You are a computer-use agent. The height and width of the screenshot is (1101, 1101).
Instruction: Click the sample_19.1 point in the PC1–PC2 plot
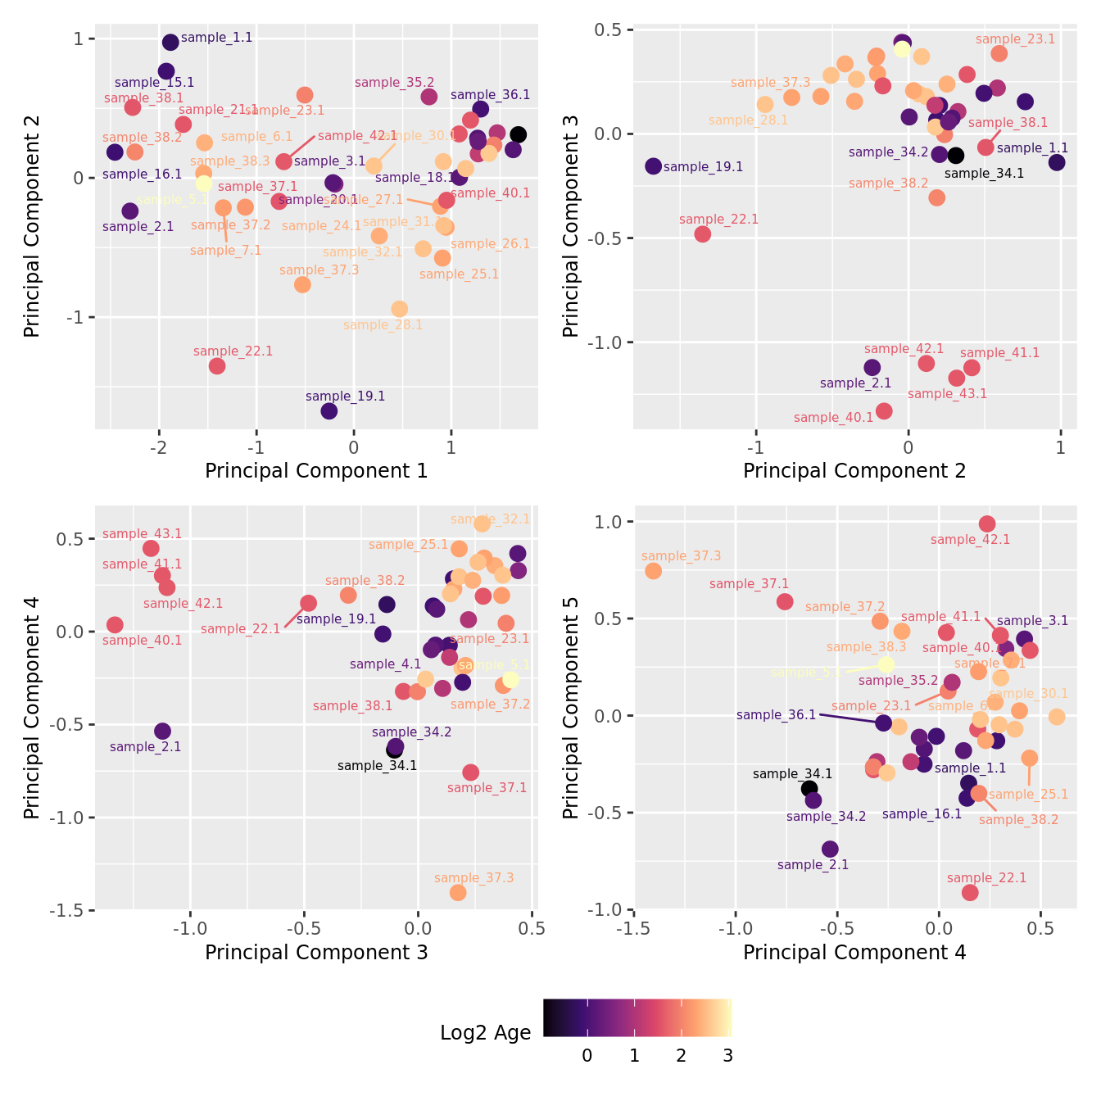click(329, 410)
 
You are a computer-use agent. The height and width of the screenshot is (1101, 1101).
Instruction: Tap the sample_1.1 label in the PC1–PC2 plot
click(216, 38)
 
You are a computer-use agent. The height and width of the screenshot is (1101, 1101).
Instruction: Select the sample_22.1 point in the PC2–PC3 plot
click(702, 234)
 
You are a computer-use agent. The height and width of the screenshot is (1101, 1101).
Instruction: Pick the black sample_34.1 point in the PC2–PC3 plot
click(955, 156)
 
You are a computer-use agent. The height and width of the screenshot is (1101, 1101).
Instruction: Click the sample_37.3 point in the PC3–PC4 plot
click(458, 892)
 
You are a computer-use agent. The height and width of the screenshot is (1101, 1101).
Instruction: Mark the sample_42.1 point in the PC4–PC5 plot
click(987, 523)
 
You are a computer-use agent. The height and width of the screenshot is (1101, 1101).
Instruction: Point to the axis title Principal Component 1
click(316, 471)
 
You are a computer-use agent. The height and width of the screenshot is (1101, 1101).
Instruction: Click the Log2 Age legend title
click(486, 1033)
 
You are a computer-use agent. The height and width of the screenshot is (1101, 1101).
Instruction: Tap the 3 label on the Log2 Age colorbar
click(727, 1056)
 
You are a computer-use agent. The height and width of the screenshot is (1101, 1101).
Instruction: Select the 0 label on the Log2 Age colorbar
click(587, 1056)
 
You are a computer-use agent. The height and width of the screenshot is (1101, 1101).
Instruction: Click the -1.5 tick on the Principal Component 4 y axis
click(70, 910)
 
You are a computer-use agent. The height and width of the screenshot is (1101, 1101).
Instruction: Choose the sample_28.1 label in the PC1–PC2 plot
click(383, 325)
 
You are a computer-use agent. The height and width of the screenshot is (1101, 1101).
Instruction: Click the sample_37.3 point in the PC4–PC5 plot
click(653, 571)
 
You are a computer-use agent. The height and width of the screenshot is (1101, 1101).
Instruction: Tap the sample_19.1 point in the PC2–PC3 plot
click(653, 166)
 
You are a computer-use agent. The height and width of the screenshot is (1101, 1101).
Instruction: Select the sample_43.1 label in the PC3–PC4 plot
click(142, 534)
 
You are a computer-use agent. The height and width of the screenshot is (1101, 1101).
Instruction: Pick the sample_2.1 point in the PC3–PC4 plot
click(162, 731)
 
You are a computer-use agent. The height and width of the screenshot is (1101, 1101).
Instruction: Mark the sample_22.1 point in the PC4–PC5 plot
click(970, 892)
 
